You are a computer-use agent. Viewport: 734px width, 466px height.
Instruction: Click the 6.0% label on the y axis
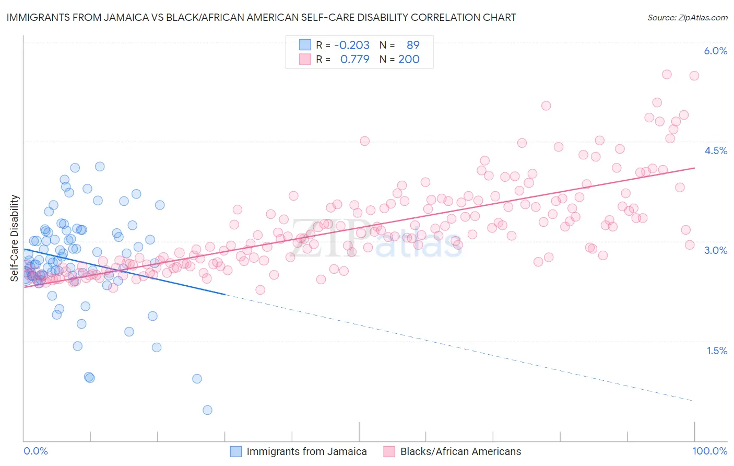715,51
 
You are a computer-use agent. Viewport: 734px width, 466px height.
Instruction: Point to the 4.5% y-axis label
715,150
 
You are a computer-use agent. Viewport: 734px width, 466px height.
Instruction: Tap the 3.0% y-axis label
715,250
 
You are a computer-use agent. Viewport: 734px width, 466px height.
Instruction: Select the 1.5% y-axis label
717,351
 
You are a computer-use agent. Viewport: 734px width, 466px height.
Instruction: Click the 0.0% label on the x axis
35,451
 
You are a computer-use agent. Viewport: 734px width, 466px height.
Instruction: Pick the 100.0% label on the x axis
709,451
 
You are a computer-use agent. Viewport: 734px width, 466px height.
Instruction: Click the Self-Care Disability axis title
15,238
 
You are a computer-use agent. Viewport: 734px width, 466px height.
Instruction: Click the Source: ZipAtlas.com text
687,17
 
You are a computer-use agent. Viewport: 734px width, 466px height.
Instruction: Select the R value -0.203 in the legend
352,45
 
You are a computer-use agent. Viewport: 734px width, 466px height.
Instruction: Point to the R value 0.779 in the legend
354,59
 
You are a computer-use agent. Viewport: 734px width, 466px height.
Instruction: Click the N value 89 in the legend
413,45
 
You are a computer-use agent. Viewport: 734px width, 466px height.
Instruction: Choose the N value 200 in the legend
409,59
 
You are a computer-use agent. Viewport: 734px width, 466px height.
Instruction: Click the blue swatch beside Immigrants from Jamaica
236,451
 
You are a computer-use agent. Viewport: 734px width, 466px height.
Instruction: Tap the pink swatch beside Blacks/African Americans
389,451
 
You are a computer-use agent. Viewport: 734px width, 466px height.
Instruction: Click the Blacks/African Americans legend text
460,451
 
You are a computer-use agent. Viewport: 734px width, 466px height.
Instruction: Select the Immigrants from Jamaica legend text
306,451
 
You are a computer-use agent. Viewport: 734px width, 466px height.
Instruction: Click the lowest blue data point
207,410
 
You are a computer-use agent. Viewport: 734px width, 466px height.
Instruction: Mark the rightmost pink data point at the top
694,76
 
